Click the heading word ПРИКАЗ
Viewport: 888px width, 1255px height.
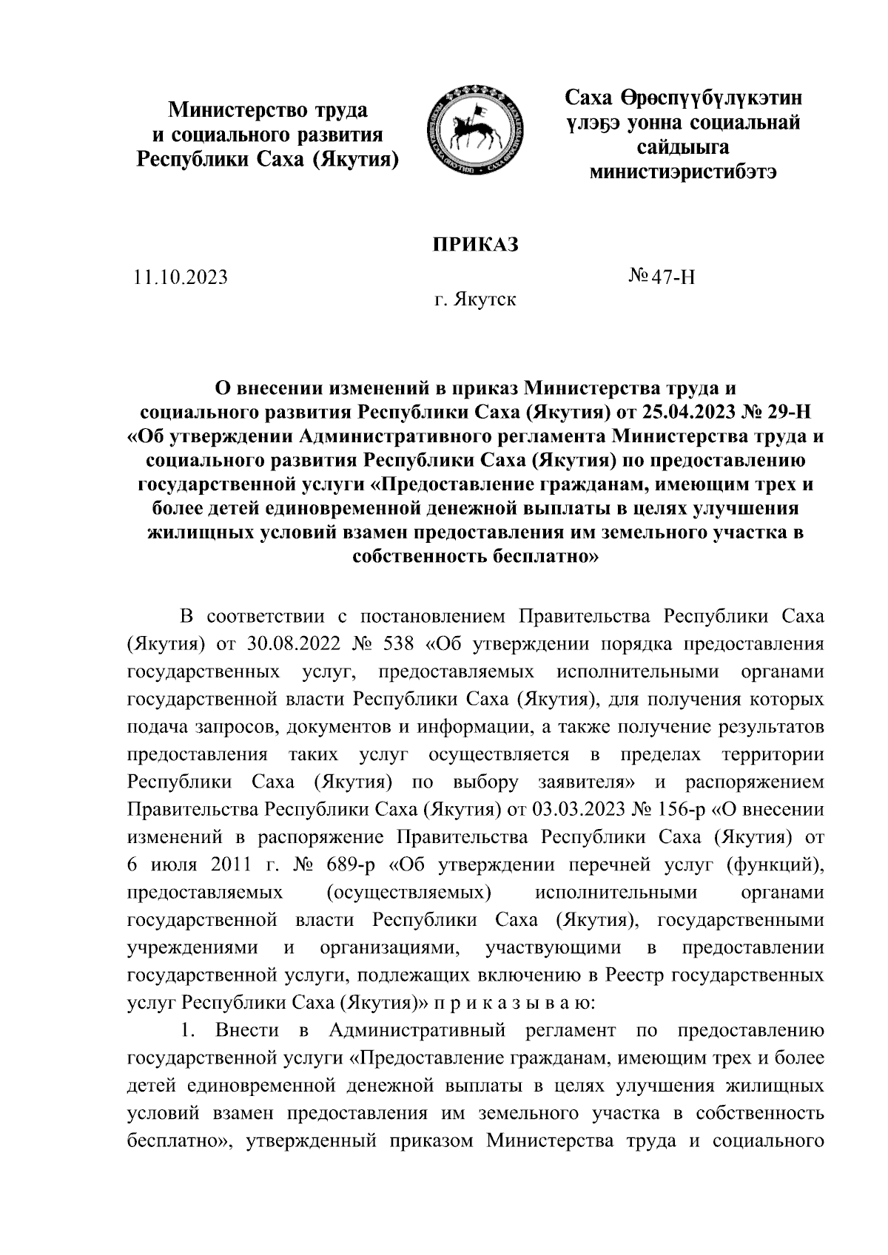pos(474,245)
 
